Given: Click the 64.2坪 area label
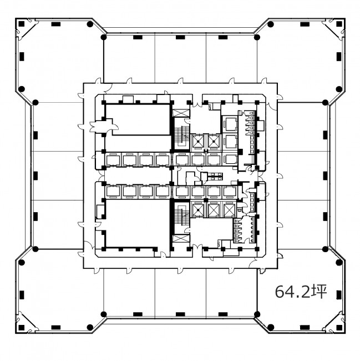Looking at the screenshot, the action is point(301,292).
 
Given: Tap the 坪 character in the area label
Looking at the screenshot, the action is point(319,292).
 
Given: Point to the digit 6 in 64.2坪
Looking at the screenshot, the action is point(280,292).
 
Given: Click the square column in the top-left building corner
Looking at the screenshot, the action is point(22,24).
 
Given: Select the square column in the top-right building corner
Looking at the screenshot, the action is point(339,24).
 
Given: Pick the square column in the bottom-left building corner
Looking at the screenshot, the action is point(22,327).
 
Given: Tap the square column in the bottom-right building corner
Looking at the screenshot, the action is point(339,327).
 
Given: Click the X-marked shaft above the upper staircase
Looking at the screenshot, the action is point(181,113).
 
